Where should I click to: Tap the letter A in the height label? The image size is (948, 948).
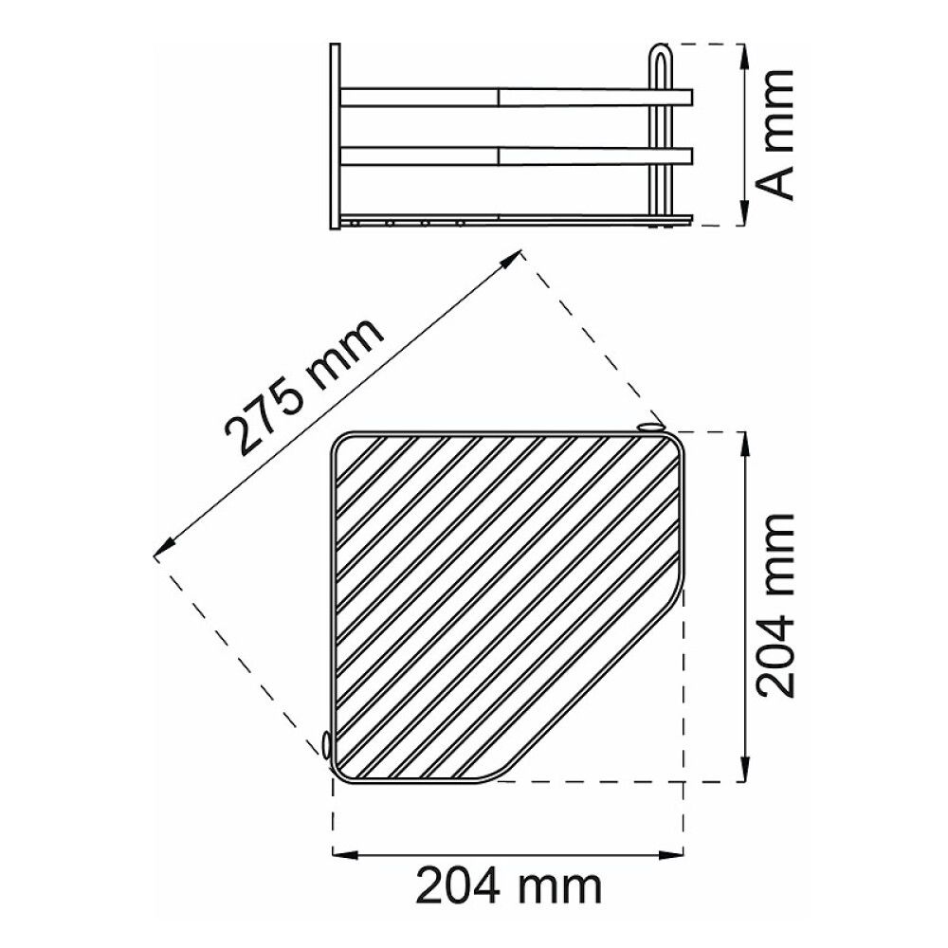pyautogui.click(x=778, y=180)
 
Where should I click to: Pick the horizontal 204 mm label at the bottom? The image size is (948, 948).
pyautogui.click(x=510, y=888)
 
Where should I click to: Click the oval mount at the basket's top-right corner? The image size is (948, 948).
pyautogui.click(x=651, y=428)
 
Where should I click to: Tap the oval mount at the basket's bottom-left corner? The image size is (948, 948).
pyautogui.click(x=327, y=746)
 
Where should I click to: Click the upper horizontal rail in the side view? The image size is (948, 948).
pyautogui.click(x=517, y=97)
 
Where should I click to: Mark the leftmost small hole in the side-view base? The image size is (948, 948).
pyautogui.click(x=355, y=224)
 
